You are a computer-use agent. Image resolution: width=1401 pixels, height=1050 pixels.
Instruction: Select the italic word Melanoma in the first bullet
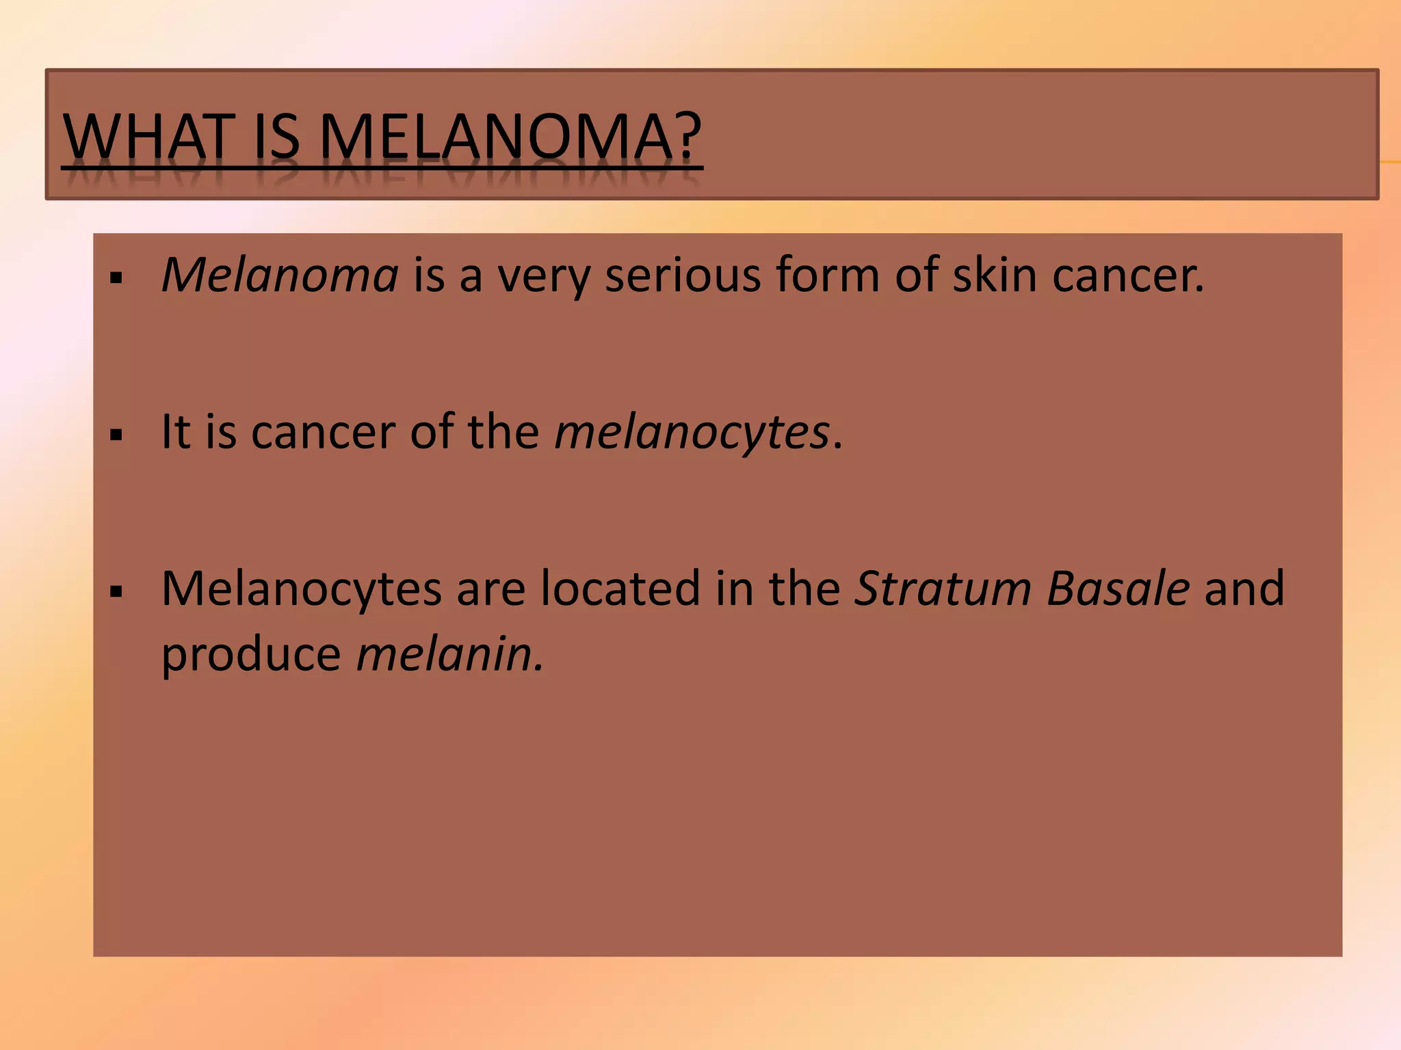(x=280, y=275)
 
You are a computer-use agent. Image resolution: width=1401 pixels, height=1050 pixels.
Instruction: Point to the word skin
(x=995, y=275)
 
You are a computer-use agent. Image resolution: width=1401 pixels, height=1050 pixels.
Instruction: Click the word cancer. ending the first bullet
(x=1128, y=275)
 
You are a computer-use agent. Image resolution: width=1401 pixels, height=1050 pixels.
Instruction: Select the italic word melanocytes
(x=692, y=433)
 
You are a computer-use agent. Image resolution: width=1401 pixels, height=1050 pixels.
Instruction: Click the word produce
(x=251, y=655)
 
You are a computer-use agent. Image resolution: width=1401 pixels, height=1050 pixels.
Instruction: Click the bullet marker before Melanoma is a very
(x=116, y=278)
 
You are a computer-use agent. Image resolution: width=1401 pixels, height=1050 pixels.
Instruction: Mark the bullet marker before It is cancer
(x=116, y=435)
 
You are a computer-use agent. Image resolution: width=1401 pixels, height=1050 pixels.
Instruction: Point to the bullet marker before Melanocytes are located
(x=116, y=591)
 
